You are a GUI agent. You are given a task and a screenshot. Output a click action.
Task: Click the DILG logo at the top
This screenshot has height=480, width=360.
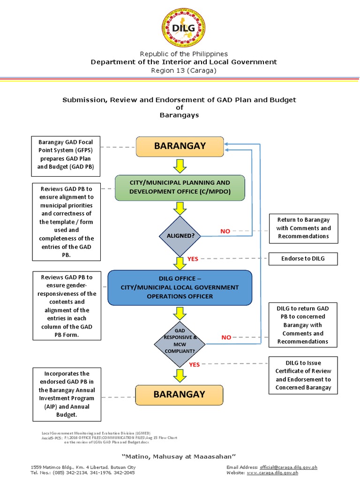click(x=184, y=28)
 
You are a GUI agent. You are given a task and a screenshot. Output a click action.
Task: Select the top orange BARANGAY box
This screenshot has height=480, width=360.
click(x=180, y=146)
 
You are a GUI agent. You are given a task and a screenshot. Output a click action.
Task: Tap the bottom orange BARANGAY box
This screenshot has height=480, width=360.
click(x=180, y=394)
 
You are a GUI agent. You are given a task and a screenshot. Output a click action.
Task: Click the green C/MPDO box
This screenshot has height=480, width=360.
click(x=180, y=187)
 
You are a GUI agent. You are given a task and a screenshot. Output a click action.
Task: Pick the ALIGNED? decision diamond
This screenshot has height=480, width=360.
click(x=180, y=235)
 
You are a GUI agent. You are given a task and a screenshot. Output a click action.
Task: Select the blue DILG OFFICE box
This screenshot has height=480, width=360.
click(x=180, y=287)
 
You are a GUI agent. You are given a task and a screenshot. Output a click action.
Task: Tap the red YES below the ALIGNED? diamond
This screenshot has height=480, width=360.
click(x=193, y=258)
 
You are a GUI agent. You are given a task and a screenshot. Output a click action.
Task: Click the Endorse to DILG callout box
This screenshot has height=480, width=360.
click(x=303, y=258)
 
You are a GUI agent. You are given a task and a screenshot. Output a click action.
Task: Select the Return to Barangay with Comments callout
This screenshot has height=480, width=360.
click(x=303, y=228)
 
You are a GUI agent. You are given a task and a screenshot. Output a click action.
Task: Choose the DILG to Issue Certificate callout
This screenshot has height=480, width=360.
click(x=303, y=375)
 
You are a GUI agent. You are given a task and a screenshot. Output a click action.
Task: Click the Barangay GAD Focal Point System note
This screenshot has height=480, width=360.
click(x=66, y=154)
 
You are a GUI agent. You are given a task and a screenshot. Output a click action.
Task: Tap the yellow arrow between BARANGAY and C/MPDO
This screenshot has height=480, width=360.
click(x=180, y=165)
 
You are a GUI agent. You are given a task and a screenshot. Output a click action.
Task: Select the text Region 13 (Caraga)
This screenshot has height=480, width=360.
click(x=184, y=70)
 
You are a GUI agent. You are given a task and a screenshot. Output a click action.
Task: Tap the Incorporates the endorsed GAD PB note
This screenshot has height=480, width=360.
click(x=67, y=394)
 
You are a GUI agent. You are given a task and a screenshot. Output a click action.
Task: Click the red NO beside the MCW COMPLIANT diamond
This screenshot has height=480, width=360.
click(x=226, y=337)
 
